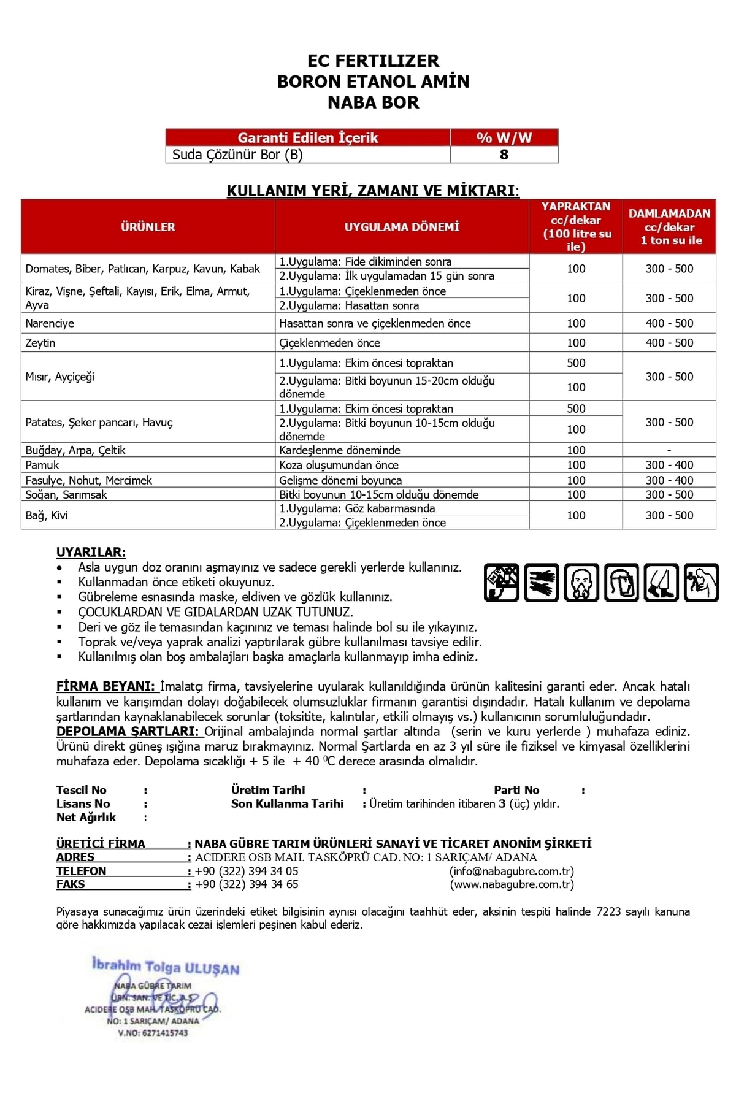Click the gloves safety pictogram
pyautogui.click(x=542, y=582)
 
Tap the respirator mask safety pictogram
pyautogui.click(x=581, y=582)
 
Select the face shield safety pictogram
pyautogui.click(x=621, y=582)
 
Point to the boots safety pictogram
pyautogui.click(x=661, y=582)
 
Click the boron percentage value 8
pyautogui.click(x=504, y=155)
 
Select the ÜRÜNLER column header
pyautogui.click(x=148, y=227)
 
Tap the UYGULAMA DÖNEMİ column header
pyautogui.click(x=402, y=227)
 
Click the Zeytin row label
pyautogui.click(x=40, y=343)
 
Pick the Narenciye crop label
pyautogui.click(x=50, y=323)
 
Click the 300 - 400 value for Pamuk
pyautogui.click(x=669, y=465)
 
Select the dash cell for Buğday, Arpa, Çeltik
pyautogui.click(x=669, y=450)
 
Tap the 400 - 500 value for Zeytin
pyautogui.click(x=669, y=343)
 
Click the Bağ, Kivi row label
pyautogui.click(x=47, y=515)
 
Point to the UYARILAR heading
pyautogui.click(x=91, y=552)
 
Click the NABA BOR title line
pyautogui.click(x=373, y=102)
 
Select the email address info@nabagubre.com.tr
pyautogui.click(x=512, y=871)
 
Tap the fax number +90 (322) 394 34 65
pyautogui.click(x=247, y=884)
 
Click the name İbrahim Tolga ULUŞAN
pyautogui.click(x=166, y=967)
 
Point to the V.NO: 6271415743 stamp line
pyautogui.click(x=153, y=1033)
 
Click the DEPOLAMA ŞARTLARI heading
pyautogui.click(x=128, y=732)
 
